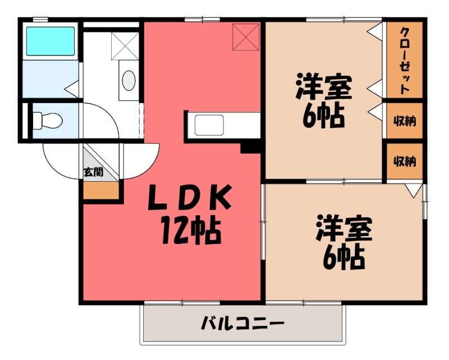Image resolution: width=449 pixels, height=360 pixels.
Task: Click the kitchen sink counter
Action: click(x=209, y=124)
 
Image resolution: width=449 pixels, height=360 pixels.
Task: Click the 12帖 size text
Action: click(x=190, y=230)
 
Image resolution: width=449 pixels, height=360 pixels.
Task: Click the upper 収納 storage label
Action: click(x=404, y=121)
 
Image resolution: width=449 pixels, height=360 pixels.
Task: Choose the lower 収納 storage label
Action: click(x=404, y=161)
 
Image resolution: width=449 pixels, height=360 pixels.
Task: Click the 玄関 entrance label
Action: click(x=93, y=172)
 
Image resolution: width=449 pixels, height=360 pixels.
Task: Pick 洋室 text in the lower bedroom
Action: click(x=344, y=229)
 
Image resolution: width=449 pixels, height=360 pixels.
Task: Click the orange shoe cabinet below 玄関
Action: click(x=101, y=191)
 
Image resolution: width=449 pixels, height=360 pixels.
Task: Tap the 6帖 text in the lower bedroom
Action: click(x=344, y=258)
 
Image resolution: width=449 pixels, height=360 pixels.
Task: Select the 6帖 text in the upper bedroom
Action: click(x=324, y=117)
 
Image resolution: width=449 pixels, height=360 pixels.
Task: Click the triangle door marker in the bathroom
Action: click(x=71, y=88)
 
